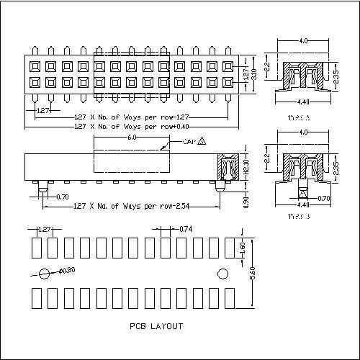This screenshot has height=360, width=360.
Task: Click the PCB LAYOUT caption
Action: point(156,326)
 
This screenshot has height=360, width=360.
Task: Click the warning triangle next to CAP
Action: point(201,141)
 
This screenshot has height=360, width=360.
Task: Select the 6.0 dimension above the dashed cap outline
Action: point(132,136)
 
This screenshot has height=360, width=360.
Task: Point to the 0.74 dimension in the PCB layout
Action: point(185,229)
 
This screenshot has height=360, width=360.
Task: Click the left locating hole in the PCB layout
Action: point(45,274)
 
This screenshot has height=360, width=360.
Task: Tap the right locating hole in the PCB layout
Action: point(222,274)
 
